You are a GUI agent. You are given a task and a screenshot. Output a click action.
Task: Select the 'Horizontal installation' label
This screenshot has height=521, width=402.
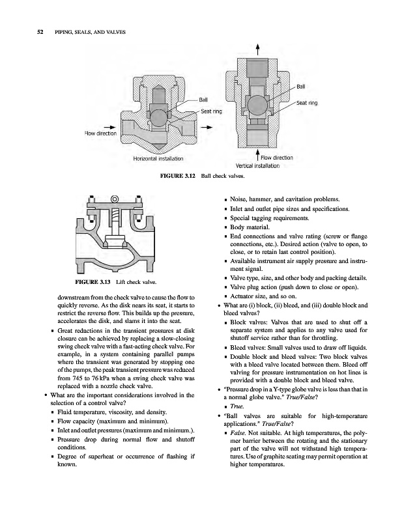click(x=158, y=158)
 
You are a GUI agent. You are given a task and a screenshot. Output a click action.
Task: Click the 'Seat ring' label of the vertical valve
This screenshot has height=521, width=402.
click(x=307, y=102)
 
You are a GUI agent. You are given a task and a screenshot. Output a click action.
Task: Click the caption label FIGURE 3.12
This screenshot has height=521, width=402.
click(x=179, y=176)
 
